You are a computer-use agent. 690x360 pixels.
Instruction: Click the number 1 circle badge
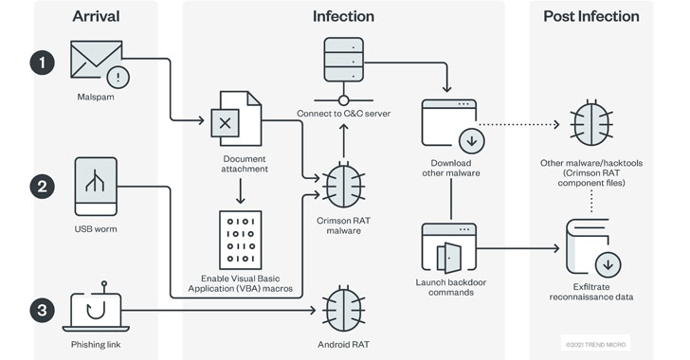(x=43, y=63)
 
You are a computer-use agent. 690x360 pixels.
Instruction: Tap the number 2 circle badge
(x=43, y=187)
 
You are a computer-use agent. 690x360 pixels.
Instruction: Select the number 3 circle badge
(x=43, y=311)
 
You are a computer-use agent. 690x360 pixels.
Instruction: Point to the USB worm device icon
(x=96, y=187)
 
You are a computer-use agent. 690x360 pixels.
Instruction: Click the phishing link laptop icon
(x=96, y=307)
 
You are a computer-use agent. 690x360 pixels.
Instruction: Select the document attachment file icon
(x=236, y=118)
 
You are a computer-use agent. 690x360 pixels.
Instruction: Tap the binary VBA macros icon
(x=241, y=240)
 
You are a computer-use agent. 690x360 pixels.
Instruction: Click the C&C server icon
(x=344, y=71)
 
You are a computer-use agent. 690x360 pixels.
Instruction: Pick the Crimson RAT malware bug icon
(x=344, y=185)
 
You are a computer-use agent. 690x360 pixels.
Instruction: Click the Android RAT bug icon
(x=344, y=309)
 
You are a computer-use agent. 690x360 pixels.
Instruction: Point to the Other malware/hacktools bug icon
(x=591, y=123)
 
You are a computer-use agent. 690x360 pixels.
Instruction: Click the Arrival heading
(x=96, y=16)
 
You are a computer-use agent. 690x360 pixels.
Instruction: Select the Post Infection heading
(x=591, y=16)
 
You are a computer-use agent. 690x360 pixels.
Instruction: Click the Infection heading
(x=344, y=16)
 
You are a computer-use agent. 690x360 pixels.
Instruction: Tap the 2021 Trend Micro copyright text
(x=595, y=345)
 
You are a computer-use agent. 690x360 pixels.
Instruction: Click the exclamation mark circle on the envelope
(x=118, y=78)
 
